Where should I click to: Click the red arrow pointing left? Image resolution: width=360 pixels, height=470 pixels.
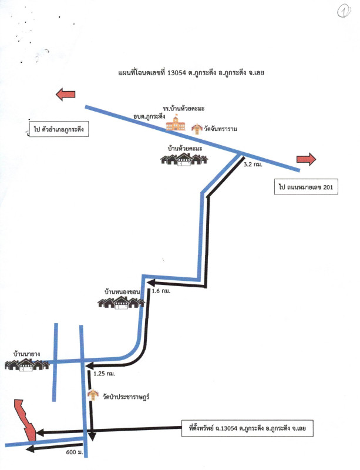pos(65,94)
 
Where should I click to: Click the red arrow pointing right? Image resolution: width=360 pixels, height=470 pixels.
pos(306,158)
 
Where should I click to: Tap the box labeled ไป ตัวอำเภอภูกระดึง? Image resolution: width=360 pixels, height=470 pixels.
pos(59,129)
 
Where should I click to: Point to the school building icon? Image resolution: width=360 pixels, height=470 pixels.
pos(175,123)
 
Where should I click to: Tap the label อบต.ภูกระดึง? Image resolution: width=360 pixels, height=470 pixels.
pos(149,117)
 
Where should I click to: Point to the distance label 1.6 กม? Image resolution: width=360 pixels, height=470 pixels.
pos(160,291)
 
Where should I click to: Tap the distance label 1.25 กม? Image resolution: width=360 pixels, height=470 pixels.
pos(103,374)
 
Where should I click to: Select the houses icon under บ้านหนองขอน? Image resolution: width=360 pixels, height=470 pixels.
pos(121,303)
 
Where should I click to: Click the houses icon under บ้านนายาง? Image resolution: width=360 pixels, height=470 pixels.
pos(26,365)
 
